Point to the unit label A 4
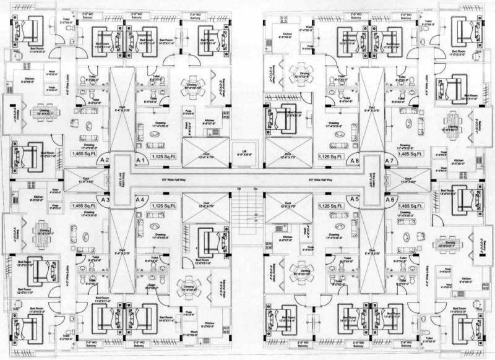[141, 200]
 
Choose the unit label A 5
[354, 199]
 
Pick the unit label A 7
[390, 160]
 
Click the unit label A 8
[354, 160]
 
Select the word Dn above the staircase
[255, 188]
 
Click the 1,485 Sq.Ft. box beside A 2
[84, 152]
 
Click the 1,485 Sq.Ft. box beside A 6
[411, 205]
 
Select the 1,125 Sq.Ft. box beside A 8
[328, 157]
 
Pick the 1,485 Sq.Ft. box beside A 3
[84, 205]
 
